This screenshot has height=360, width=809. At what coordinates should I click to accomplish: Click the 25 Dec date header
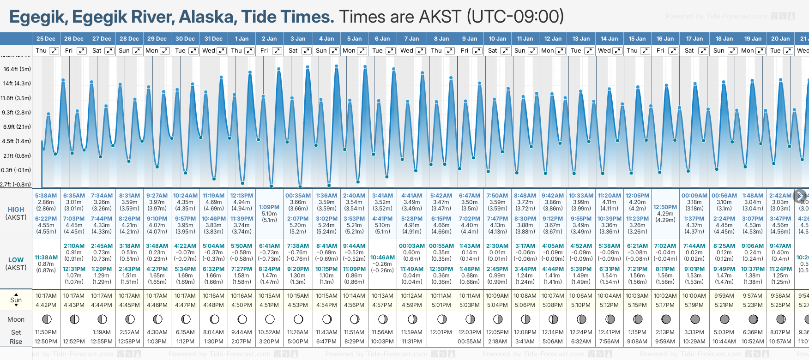pyautogui.click(x=46, y=39)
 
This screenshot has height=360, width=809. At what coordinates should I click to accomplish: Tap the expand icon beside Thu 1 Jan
pyautogui.click(x=249, y=51)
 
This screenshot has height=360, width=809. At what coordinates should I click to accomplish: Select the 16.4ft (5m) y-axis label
pyautogui.click(x=17, y=69)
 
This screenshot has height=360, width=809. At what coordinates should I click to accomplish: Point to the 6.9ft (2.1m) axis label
pyautogui.click(x=16, y=126)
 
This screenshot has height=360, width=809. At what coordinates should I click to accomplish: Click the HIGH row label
pyautogui.click(x=16, y=210)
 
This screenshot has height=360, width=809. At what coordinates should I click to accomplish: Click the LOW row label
pyautogui.click(x=16, y=260)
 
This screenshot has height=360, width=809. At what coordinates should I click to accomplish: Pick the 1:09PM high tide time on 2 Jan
pyautogui.click(x=269, y=207)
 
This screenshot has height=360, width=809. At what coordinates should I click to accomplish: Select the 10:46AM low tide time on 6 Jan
pyautogui.click(x=383, y=258)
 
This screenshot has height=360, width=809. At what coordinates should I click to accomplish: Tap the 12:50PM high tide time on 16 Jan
pyautogui.click(x=665, y=207)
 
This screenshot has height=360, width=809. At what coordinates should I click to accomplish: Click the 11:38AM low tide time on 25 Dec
pyautogui.click(x=46, y=258)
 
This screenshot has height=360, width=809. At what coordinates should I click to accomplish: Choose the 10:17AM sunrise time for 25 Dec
pyautogui.click(x=46, y=296)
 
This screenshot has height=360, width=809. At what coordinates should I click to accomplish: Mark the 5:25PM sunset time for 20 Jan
pyautogui.click(x=780, y=305)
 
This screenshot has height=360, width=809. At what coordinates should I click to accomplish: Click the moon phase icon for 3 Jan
pyautogui.click(x=298, y=319)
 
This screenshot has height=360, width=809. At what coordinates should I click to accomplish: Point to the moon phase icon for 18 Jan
pyautogui.click(x=724, y=319)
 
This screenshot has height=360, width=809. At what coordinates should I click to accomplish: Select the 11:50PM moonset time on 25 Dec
pyautogui.click(x=46, y=332)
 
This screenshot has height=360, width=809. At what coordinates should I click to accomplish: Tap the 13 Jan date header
pyautogui.click(x=581, y=39)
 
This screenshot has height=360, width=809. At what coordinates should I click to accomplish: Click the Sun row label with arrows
pyautogui.click(x=16, y=300)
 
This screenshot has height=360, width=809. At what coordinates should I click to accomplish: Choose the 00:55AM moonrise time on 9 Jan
pyautogui.click(x=470, y=342)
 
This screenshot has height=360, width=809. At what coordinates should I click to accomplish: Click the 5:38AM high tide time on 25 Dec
pyautogui.click(x=46, y=196)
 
